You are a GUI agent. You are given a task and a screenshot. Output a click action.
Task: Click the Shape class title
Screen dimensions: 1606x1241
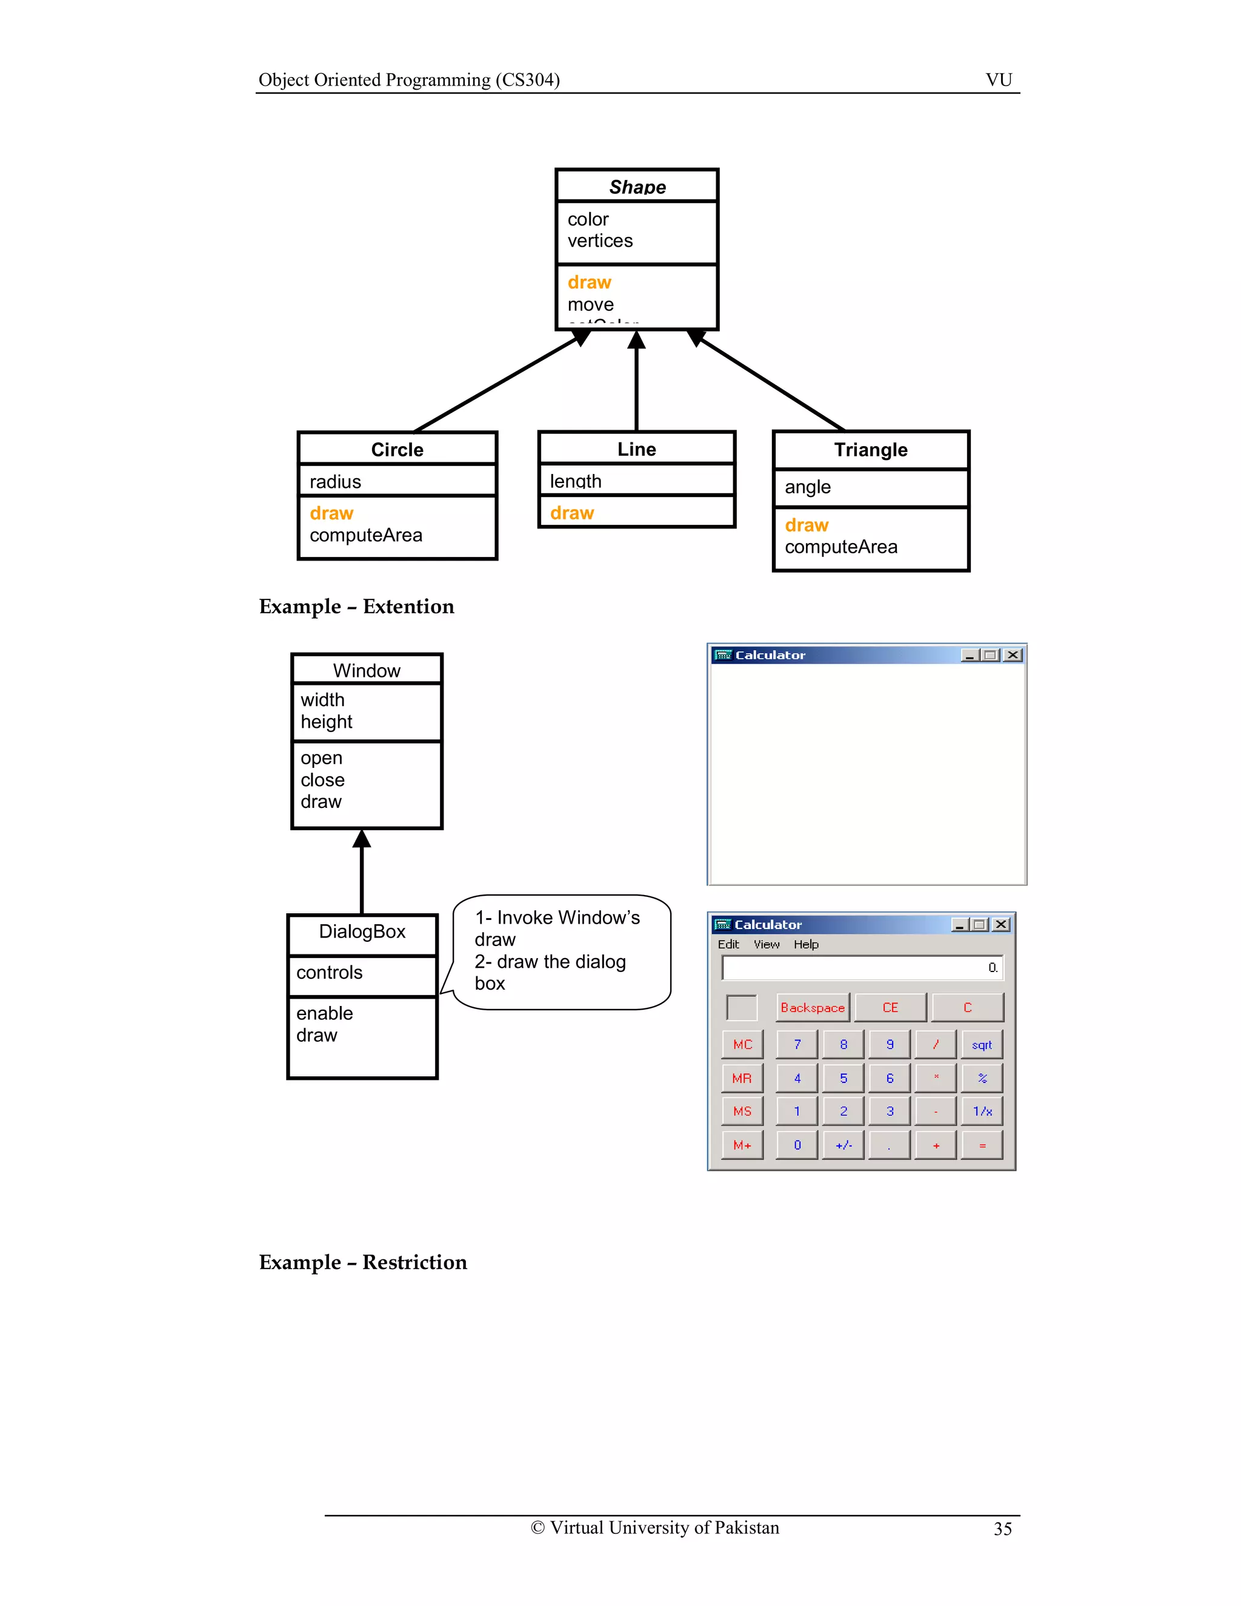coord(637,187)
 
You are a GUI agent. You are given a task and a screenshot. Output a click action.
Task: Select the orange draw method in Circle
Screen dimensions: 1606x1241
coord(331,513)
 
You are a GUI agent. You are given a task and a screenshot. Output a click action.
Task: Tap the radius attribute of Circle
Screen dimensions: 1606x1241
coord(335,482)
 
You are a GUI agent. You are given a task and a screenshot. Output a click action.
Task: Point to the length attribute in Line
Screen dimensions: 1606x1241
coord(575,481)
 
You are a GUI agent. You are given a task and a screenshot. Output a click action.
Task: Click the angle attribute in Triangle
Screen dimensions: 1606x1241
coord(807,487)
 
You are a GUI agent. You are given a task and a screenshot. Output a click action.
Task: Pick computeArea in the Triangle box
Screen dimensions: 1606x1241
coord(840,547)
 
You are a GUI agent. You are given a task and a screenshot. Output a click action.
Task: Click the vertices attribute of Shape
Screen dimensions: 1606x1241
coord(599,241)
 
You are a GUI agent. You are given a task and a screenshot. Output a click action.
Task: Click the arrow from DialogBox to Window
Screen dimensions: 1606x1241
coord(362,871)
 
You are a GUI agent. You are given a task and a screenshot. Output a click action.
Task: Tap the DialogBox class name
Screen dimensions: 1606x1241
coord(362,931)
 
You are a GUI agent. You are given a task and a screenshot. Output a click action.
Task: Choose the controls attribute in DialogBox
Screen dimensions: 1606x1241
coord(330,973)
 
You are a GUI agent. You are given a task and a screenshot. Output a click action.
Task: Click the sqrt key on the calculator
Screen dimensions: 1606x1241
coord(982,1045)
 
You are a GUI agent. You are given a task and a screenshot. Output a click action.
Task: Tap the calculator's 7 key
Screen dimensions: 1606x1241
coord(797,1045)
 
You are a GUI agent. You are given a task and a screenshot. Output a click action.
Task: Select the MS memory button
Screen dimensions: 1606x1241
coord(742,1111)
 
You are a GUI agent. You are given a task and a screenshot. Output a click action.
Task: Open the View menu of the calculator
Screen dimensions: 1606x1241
coord(766,944)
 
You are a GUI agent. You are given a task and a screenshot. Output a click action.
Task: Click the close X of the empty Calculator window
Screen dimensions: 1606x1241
coord(1013,655)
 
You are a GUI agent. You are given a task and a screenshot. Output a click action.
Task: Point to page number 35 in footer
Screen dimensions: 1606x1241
coord(1002,1529)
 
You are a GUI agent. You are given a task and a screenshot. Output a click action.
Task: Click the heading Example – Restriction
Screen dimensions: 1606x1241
coord(362,1262)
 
